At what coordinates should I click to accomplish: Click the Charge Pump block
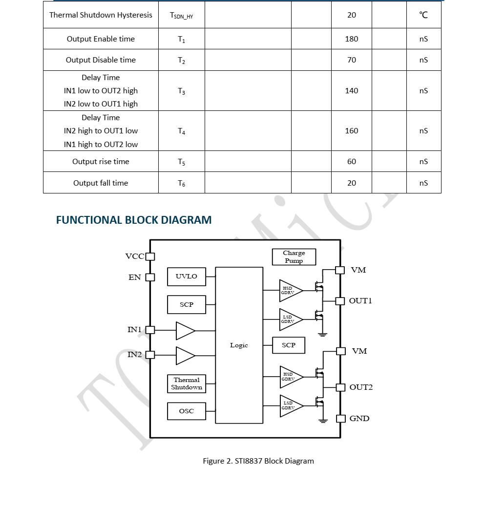coord(294,257)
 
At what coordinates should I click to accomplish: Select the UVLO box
coord(187,276)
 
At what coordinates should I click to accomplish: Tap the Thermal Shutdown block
coord(187,384)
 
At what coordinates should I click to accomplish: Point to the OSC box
coord(187,411)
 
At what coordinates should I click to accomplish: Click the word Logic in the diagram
coord(239,345)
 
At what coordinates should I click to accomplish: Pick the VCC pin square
coord(150,256)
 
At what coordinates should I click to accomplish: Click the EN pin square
coord(150,277)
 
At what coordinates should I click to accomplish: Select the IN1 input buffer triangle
coord(186,331)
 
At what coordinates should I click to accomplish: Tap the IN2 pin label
coord(135,355)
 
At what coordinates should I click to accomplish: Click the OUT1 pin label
coord(360,301)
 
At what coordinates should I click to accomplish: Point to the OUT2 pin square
coord(340,387)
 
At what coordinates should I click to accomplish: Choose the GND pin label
coord(359,418)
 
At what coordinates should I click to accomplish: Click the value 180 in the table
coord(352,39)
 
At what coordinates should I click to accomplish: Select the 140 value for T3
coord(352,91)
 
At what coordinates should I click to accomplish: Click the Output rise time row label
coord(101,162)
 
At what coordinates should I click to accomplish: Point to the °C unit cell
coord(423,15)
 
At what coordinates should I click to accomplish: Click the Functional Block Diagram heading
coord(134,220)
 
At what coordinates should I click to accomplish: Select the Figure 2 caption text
coord(258,461)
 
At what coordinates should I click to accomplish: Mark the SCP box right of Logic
coord(289,345)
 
